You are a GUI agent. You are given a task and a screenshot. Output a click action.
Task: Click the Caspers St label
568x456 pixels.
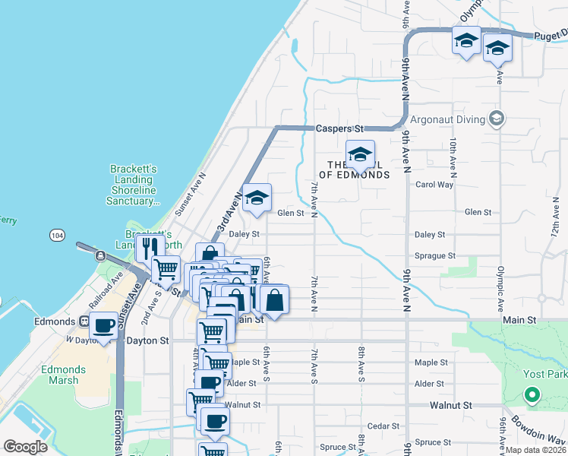(340, 129)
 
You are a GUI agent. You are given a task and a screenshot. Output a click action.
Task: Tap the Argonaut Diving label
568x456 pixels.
(447, 119)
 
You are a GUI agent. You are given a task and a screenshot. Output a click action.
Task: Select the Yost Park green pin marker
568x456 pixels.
(532, 394)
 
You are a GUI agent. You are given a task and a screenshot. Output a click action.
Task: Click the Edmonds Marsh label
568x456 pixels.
(64, 375)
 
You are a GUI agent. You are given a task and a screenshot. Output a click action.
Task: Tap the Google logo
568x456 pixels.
(25, 446)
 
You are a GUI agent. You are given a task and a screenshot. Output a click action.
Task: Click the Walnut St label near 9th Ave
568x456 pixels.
(435, 405)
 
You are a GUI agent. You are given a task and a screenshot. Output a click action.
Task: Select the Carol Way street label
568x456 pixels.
(434, 185)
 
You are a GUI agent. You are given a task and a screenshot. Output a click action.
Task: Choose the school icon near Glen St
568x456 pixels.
(257, 199)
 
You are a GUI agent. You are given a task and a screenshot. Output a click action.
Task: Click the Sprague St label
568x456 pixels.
(435, 256)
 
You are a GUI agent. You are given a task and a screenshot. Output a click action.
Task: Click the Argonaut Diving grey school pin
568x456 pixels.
(497, 118)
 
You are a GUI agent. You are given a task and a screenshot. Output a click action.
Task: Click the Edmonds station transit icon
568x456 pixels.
(84, 321)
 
